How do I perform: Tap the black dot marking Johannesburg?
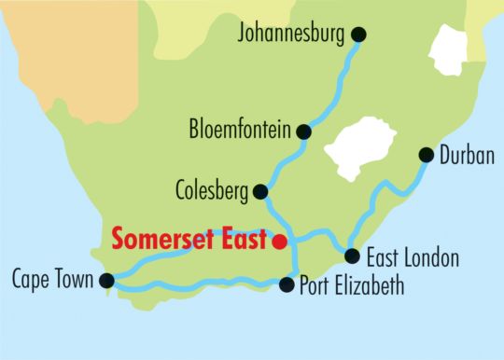click(358, 35)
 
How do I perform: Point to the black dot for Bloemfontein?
click(303, 132)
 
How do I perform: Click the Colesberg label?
click(212, 192)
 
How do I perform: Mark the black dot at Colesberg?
click(261, 192)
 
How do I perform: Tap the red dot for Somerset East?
click(278, 241)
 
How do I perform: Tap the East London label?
click(413, 257)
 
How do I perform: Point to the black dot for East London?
click(352, 256)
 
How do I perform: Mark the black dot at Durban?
click(426, 155)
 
